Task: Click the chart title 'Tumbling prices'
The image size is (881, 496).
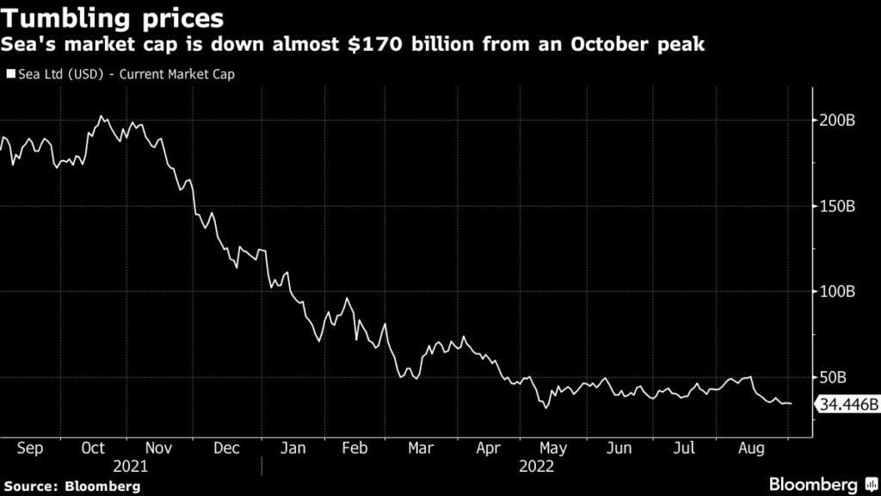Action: point(113,18)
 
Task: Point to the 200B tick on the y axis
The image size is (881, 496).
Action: point(837,121)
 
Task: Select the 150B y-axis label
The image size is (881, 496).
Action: point(837,207)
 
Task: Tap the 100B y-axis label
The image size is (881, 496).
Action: point(837,292)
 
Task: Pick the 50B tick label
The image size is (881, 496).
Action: point(834,377)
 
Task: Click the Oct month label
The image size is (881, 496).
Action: point(92,449)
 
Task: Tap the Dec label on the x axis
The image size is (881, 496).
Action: point(227,449)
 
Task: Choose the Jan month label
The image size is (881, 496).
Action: point(293,449)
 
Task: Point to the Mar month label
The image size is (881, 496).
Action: point(421,449)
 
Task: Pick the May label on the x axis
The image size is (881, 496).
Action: point(553,449)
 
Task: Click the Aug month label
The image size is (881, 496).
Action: point(751,449)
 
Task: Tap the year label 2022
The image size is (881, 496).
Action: point(536,467)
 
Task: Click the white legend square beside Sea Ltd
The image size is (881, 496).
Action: point(10,74)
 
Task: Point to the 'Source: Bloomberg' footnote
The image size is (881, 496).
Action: point(71,487)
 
